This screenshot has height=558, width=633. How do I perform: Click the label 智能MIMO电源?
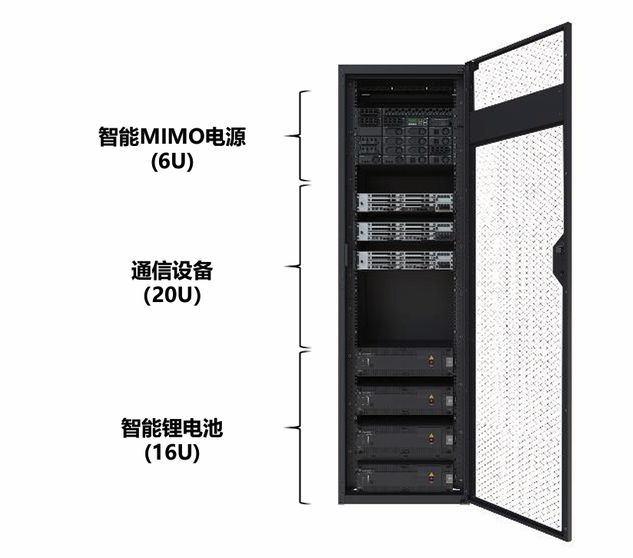click(172, 137)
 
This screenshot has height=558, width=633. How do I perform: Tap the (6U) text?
click(172, 162)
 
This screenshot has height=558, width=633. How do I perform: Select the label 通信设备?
click(172, 271)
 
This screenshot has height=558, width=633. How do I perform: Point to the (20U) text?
click(172, 295)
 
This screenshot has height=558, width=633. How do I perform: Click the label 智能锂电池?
click(172, 427)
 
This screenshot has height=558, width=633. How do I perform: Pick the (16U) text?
click(172, 453)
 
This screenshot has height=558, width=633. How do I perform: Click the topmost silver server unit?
click(405, 202)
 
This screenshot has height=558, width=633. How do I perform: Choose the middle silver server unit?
click(405, 231)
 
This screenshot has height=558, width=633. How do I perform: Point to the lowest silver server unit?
click(405, 260)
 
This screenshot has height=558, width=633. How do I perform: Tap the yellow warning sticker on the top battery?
click(431, 358)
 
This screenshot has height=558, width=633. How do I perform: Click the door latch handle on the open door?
click(559, 258)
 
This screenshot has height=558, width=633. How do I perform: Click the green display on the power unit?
click(413, 121)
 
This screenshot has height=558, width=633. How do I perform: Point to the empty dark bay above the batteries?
click(405, 309)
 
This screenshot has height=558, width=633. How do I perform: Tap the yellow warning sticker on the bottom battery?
click(431, 475)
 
